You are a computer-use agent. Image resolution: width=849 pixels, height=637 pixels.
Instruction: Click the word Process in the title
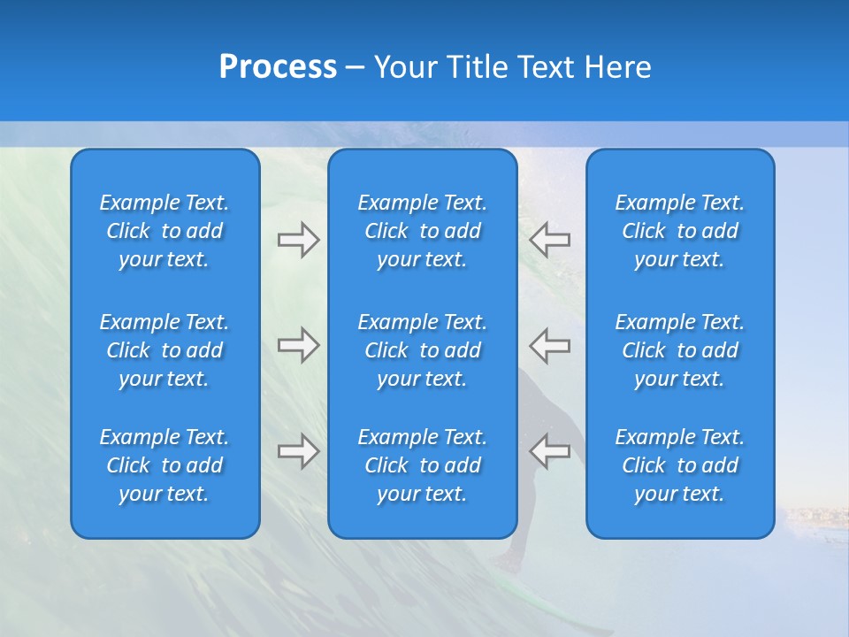point(278,67)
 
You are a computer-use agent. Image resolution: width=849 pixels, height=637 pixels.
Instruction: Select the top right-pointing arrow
point(298,239)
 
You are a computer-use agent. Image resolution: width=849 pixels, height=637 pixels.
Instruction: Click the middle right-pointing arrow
point(298,344)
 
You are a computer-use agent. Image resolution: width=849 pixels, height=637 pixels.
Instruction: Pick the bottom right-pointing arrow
point(298,450)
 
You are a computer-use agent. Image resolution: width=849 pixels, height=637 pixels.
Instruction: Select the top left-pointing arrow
point(550,239)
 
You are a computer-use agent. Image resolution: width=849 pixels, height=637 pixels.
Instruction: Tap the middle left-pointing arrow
point(550,344)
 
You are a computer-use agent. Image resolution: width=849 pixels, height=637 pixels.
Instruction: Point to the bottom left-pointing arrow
point(550,450)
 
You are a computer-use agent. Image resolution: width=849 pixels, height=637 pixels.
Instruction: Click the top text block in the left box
point(164,231)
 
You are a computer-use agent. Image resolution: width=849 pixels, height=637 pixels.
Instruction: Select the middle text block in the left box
point(164,350)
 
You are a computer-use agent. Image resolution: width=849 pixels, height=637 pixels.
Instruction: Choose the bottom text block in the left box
point(164,465)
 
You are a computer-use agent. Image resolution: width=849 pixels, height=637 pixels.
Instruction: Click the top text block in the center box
point(423,231)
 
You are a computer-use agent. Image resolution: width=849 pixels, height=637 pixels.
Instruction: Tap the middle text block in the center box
point(423,350)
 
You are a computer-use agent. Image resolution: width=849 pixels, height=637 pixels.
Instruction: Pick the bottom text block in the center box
point(423,465)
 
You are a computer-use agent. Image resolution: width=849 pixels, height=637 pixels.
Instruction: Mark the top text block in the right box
point(680,231)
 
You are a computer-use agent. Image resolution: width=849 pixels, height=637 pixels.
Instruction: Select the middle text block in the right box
point(680,350)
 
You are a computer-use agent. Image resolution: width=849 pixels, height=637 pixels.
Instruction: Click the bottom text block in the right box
point(680,465)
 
